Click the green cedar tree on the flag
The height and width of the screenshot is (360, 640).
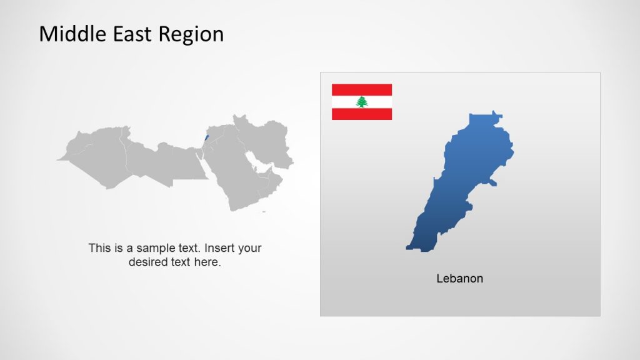click(361, 102)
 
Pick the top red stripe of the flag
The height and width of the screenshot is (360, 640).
click(361, 89)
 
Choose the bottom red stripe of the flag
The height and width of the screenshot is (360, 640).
click(361, 114)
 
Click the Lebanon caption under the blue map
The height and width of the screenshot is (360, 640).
click(459, 279)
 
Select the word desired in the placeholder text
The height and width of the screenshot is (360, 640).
click(148, 262)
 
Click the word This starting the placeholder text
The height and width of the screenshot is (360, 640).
click(99, 248)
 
